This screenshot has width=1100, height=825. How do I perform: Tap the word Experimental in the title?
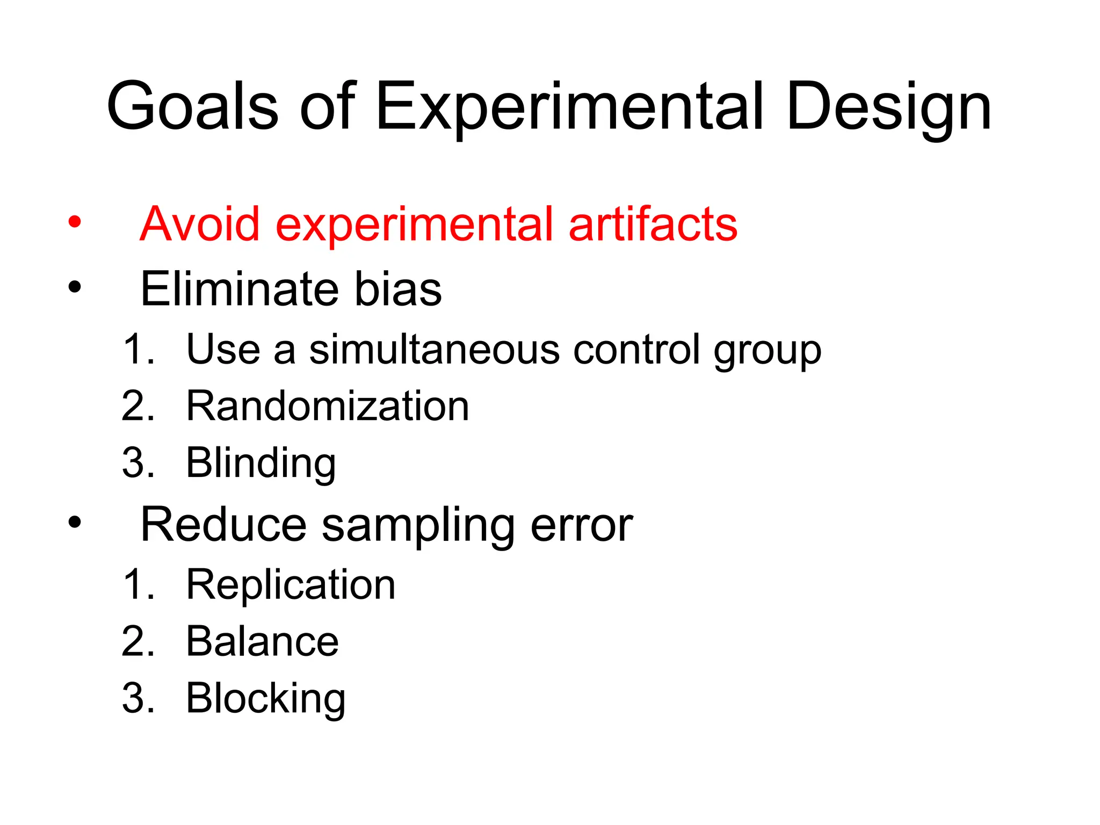[569, 107]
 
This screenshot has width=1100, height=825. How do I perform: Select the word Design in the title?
[888, 107]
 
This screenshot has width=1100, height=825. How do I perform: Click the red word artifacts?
[653, 224]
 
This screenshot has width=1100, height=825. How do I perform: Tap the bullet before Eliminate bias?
[75, 287]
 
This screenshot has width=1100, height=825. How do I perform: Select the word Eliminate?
[239, 289]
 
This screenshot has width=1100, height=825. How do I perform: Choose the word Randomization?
[328, 406]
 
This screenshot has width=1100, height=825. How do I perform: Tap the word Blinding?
[261, 463]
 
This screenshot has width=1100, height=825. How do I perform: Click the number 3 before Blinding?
[134, 463]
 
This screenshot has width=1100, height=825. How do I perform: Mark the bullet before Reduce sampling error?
[75, 522]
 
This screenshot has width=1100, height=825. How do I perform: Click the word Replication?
[291, 585]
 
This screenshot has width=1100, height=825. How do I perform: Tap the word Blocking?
[265, 699]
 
